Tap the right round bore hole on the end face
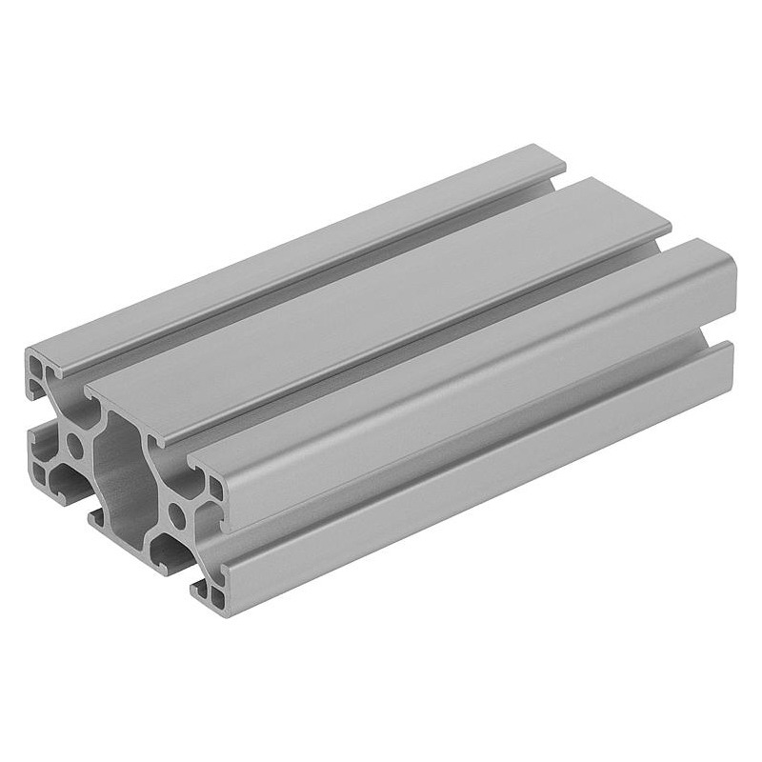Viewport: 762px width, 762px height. [176, 517]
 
